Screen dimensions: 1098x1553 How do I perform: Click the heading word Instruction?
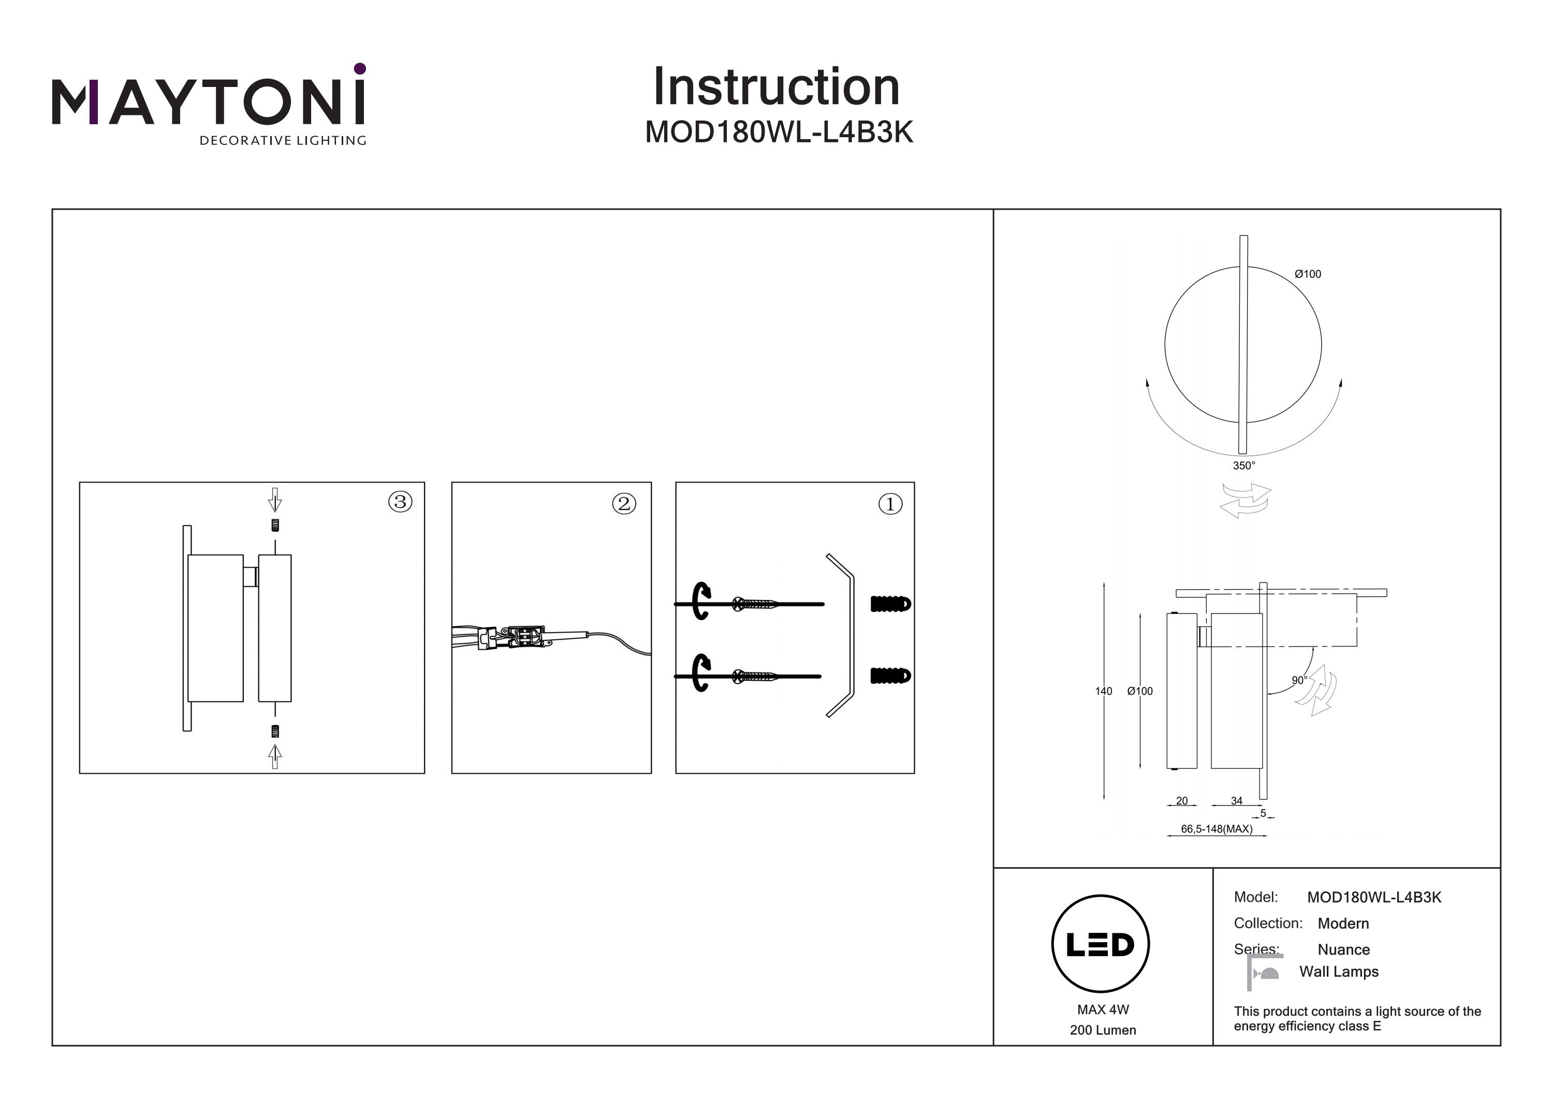pyautogui.click(x=776, y=87)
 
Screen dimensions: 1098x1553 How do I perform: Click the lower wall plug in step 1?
pyautogui.click(x=890, y=675)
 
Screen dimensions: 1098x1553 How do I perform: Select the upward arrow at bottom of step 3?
pyautogui.click(x=274, y=756)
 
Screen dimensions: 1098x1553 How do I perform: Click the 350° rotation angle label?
pyautogui.click(x=1243, y=465)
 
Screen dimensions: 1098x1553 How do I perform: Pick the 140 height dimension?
pyautogui.click(x=1103, y=691)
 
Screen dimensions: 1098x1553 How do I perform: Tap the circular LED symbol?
pyautogui.click(x=1101, y=944)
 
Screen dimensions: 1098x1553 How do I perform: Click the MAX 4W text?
pyautogui.click(x=1103, y=1009)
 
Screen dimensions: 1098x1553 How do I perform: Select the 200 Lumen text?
pyautogui.click(x=1103, y=1030)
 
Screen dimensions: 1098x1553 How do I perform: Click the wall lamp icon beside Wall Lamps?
pyautogui.click(x=1264, y=972)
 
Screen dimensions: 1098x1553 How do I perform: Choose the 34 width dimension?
pyautogui.click(x=1237, y=800)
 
